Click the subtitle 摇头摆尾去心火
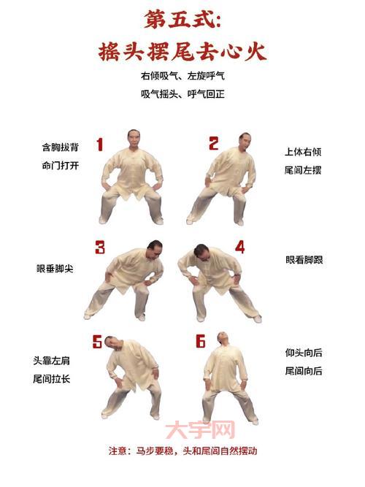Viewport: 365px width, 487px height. coord(182,51)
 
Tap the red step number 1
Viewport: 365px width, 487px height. coord(100,144)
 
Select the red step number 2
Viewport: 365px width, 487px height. coord(214,144)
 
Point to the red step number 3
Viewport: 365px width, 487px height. coord(100,247)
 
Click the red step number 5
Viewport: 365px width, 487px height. coord(97,342)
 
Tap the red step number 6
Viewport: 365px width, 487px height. coord(202,341)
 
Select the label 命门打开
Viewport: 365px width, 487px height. coord(60,166)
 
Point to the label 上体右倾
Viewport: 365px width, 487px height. coord(303,153)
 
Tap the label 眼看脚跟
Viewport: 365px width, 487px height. coord(304,259)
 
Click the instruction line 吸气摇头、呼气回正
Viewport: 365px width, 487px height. coord(182,93)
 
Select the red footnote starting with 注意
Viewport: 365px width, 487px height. coord(182,451)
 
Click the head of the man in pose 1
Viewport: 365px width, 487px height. coord(131,138)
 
